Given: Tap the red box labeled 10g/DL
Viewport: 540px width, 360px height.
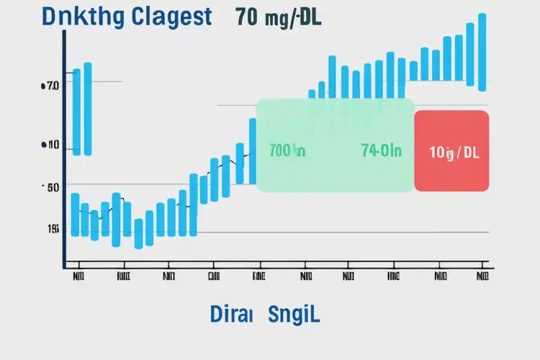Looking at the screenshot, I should coord(452,151).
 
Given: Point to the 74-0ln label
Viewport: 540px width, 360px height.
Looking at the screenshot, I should coord(382,151).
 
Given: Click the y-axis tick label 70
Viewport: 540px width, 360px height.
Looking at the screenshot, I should coord(50,86).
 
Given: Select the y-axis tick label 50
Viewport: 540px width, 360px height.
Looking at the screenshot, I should coord(50,187).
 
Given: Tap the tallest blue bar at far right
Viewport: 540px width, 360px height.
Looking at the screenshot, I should coord(482,52).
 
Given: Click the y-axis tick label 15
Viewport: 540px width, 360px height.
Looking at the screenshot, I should coord(53,230).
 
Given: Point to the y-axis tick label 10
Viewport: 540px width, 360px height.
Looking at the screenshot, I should coord(50,145).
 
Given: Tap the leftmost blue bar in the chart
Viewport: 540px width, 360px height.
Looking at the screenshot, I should coord(76,112).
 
